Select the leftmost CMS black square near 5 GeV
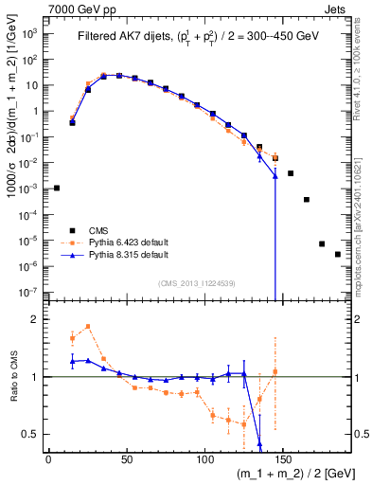click(57, 188)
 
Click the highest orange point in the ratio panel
click(88, 327)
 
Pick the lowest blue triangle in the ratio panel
click(259, 442)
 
